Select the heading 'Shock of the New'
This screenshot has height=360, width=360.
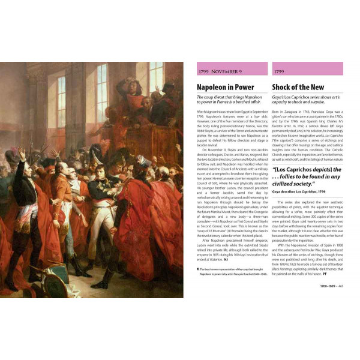pyautogui.click(x=298, y=86)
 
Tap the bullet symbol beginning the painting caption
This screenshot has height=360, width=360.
pyautogui.click(x=199, y=269)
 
